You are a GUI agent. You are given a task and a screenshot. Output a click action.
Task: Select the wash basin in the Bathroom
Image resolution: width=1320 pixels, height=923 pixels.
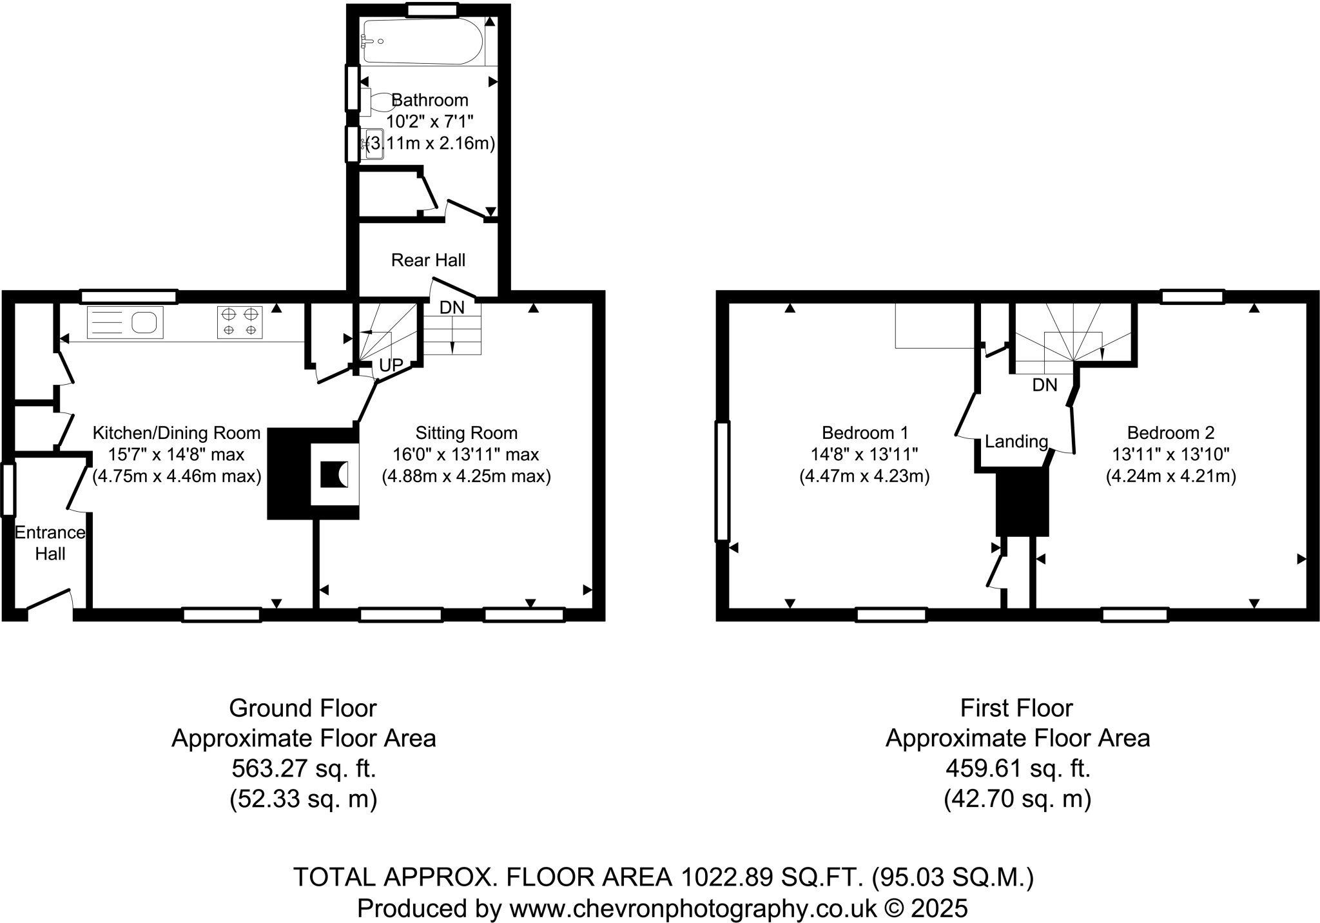(x=374, y=144)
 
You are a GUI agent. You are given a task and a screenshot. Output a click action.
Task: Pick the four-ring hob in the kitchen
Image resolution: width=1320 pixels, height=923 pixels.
(x=240, y=322)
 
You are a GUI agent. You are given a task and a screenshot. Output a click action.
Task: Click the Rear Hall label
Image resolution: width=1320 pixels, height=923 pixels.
(x=428, y=260)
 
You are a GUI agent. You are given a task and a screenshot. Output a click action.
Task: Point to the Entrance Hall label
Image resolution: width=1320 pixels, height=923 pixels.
(x=50, y=543)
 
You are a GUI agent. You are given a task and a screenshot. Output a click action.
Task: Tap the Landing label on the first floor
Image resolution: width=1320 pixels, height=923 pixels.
(x=1016, y=442)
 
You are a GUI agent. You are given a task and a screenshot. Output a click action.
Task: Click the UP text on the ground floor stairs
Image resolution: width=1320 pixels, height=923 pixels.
(x=391, y=365)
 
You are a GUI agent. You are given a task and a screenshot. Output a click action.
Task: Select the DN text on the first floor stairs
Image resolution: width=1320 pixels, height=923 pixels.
(x=1045, y=385)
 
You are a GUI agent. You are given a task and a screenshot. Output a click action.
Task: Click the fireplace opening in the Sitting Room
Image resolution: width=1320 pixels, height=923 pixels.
(x=335, y=475)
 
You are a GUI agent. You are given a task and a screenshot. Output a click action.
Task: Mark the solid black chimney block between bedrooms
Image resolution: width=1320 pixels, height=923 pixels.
(x=1022, y=502)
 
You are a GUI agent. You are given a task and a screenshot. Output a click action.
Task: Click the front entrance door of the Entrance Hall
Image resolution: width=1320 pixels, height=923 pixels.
(x=49, y=599)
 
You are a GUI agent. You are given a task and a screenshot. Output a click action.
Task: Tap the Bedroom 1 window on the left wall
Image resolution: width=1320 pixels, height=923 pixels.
(x=723, y=480)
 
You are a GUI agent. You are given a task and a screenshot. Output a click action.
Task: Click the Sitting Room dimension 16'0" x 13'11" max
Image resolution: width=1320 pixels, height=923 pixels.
(x=466, y=454)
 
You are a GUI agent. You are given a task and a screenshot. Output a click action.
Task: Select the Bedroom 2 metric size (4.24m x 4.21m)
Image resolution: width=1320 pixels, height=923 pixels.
(x=1170, y=476)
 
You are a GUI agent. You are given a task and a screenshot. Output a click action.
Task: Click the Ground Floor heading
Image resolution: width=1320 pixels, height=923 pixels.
(x=302, y=708)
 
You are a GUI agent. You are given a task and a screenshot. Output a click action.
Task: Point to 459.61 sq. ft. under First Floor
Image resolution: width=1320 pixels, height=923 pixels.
(x=1017, y=768)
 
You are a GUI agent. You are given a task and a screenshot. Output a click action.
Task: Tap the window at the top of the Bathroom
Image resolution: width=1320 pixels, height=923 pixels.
(x=432, y=10)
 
